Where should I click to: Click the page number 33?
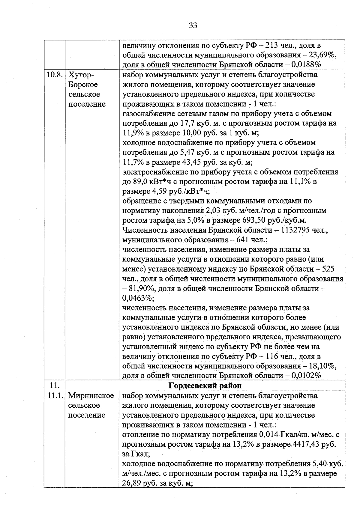click(193, 26)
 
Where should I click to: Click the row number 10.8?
click(54, 75)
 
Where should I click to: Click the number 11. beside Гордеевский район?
click(55, 385)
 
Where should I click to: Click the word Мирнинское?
click(91, 396)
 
